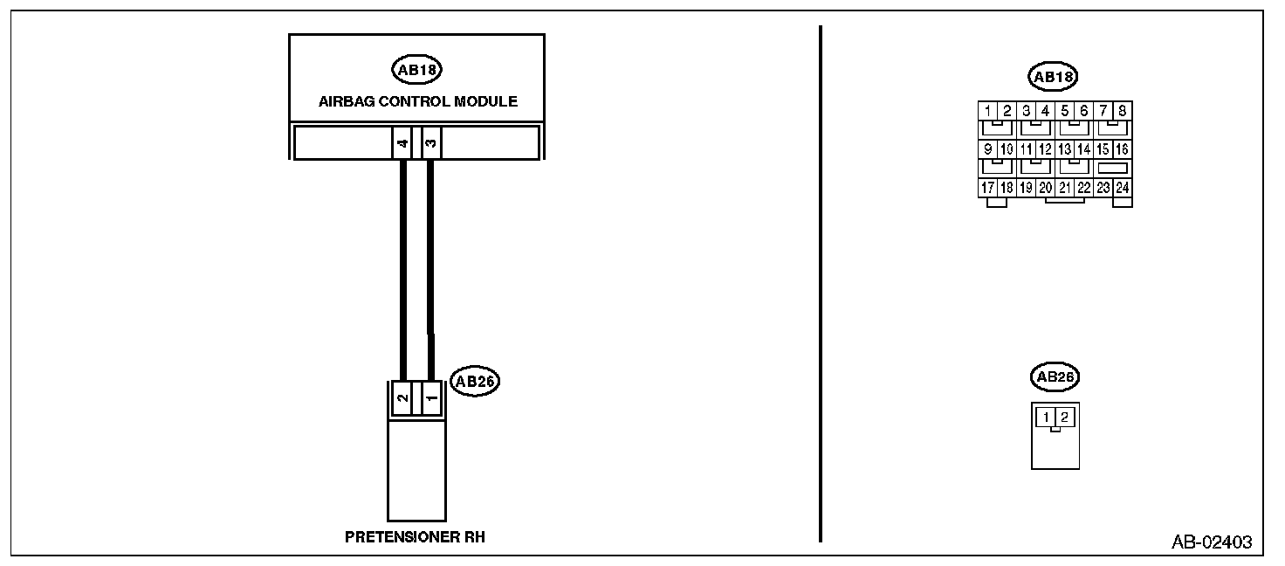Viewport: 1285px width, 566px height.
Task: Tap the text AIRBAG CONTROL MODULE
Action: point(417,101)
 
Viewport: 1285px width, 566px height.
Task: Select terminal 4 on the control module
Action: point(402,143)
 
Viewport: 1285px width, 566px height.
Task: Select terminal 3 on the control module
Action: point(430,143)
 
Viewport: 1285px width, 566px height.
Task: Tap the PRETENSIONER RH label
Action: point(415,537)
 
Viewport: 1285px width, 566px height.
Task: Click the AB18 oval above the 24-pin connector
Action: point(1054,77)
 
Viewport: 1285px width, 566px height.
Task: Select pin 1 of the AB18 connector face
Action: point(986,111)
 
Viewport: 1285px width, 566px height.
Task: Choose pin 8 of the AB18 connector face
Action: point(1122,111)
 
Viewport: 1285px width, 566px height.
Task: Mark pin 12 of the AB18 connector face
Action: point(1045,149)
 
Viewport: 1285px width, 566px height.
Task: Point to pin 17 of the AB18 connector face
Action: point(986,188)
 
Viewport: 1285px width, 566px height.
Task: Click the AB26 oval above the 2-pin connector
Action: point(1054,377)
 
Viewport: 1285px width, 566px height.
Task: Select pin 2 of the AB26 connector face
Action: point(1064,418)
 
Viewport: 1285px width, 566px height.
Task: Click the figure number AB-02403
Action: point(1211,542)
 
